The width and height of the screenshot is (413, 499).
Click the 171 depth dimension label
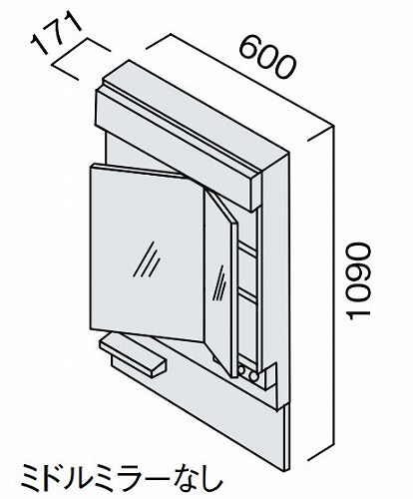[56, 34]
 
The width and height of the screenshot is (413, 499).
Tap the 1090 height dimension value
[357, 281]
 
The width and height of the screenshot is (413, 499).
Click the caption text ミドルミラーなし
[122, 479]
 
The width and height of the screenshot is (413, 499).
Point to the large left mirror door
[147, 252]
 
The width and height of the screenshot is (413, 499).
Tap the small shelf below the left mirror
[133, 356]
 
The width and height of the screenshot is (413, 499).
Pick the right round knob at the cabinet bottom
[254, 376]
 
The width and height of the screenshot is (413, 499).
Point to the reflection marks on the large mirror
[147, 259]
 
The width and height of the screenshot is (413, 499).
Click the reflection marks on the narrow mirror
[219, 282]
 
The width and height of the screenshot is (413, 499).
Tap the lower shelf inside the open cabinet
[247, 296]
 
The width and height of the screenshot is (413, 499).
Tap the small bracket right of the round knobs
[269, 376]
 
